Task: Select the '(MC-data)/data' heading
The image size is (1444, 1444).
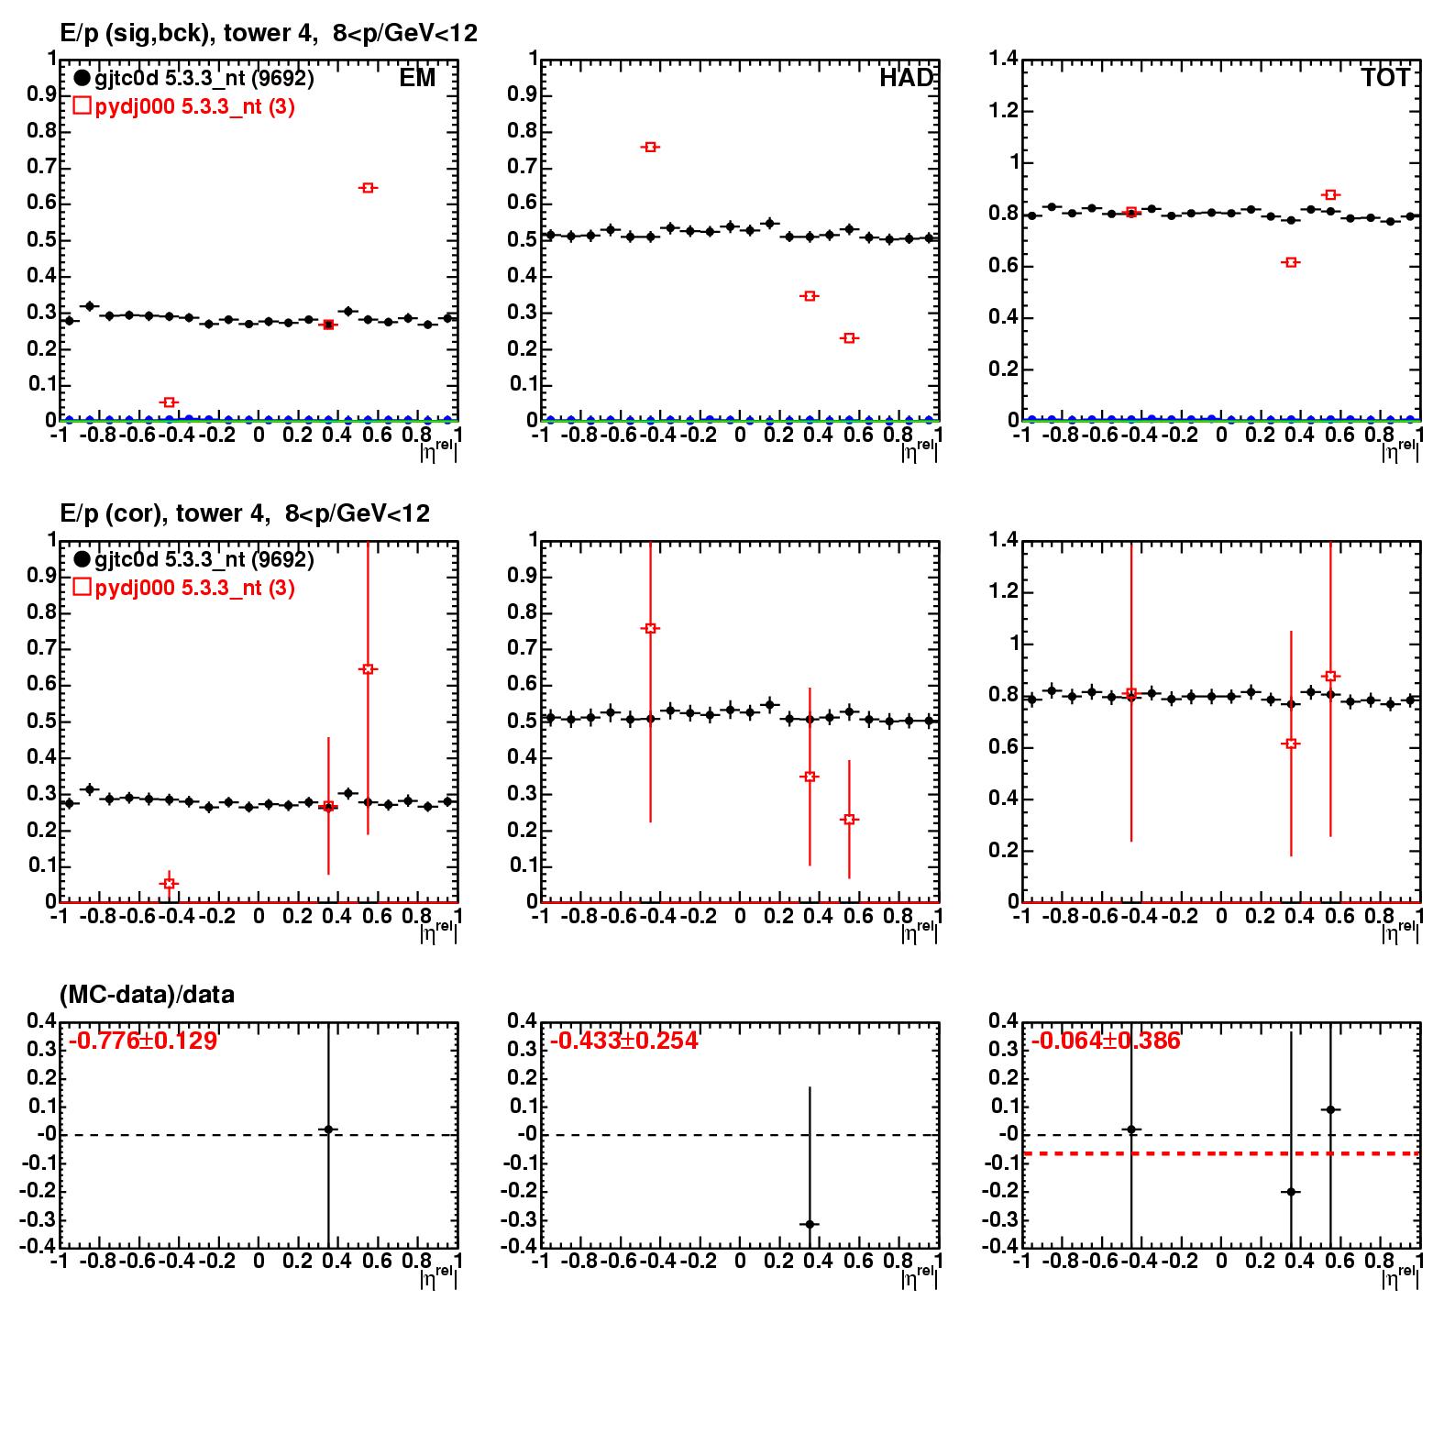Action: (147, 995)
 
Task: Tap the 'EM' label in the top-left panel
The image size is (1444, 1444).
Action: (417, 78)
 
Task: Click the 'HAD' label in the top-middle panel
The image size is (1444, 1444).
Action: (906, 78)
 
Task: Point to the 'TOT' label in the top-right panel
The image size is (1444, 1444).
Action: (1385, 78)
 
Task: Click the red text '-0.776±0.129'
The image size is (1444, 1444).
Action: (142, 1041)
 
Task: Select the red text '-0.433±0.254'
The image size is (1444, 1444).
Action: (623, 1041)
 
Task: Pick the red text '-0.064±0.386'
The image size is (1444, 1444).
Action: (1106, 1041)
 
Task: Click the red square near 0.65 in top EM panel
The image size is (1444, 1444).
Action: (368, 188)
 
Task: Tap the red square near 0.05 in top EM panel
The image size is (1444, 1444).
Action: (169, 402)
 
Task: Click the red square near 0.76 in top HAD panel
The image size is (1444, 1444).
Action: (650, 147)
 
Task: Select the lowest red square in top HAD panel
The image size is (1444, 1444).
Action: (849, 338)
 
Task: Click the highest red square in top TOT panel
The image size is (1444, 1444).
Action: (1330, 194)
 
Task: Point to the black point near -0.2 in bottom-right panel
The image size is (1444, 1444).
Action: (1291, 1192)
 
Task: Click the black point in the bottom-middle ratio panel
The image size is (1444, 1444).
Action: (810, 1224)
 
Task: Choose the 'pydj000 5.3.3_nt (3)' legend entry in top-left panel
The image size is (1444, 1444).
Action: (183, 106)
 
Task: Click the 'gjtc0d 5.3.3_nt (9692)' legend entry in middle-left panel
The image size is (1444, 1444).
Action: (193, 559)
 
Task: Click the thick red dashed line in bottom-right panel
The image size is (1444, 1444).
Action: (1221, 1153)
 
